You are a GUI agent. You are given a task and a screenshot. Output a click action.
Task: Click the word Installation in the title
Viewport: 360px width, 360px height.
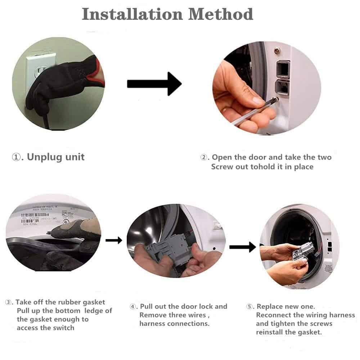[132, 14]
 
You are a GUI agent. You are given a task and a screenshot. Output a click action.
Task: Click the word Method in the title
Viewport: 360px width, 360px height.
[221, 14]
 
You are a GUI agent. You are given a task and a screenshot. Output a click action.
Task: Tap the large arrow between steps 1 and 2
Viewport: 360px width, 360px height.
[154, 84]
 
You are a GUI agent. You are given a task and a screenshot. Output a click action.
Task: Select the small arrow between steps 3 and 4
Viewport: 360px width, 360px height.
[114, 240]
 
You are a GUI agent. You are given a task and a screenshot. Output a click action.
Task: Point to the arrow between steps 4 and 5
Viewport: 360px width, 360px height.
[243, 247]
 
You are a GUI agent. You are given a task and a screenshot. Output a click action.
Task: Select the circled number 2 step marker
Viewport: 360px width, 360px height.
[204, 157]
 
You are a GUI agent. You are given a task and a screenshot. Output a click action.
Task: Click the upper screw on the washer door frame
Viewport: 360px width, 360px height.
[277, 50]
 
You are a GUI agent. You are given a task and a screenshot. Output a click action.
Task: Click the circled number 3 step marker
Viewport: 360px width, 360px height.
[8, 302]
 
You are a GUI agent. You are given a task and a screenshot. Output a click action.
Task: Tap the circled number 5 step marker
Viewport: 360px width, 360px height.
[249, 306]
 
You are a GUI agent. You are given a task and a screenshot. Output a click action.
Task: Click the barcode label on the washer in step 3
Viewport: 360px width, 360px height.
[35, 217]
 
